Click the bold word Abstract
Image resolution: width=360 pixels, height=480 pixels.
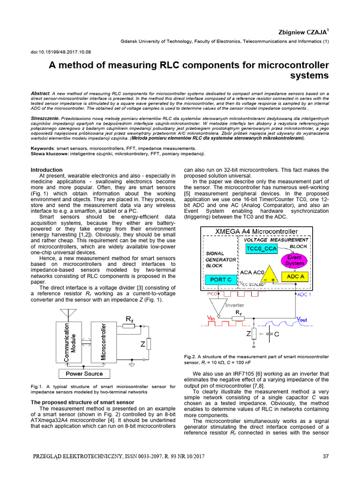tap(40, 93)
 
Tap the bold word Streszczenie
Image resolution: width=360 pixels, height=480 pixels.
tap(45, 119)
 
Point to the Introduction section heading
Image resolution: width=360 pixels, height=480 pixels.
tap(46, 170)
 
